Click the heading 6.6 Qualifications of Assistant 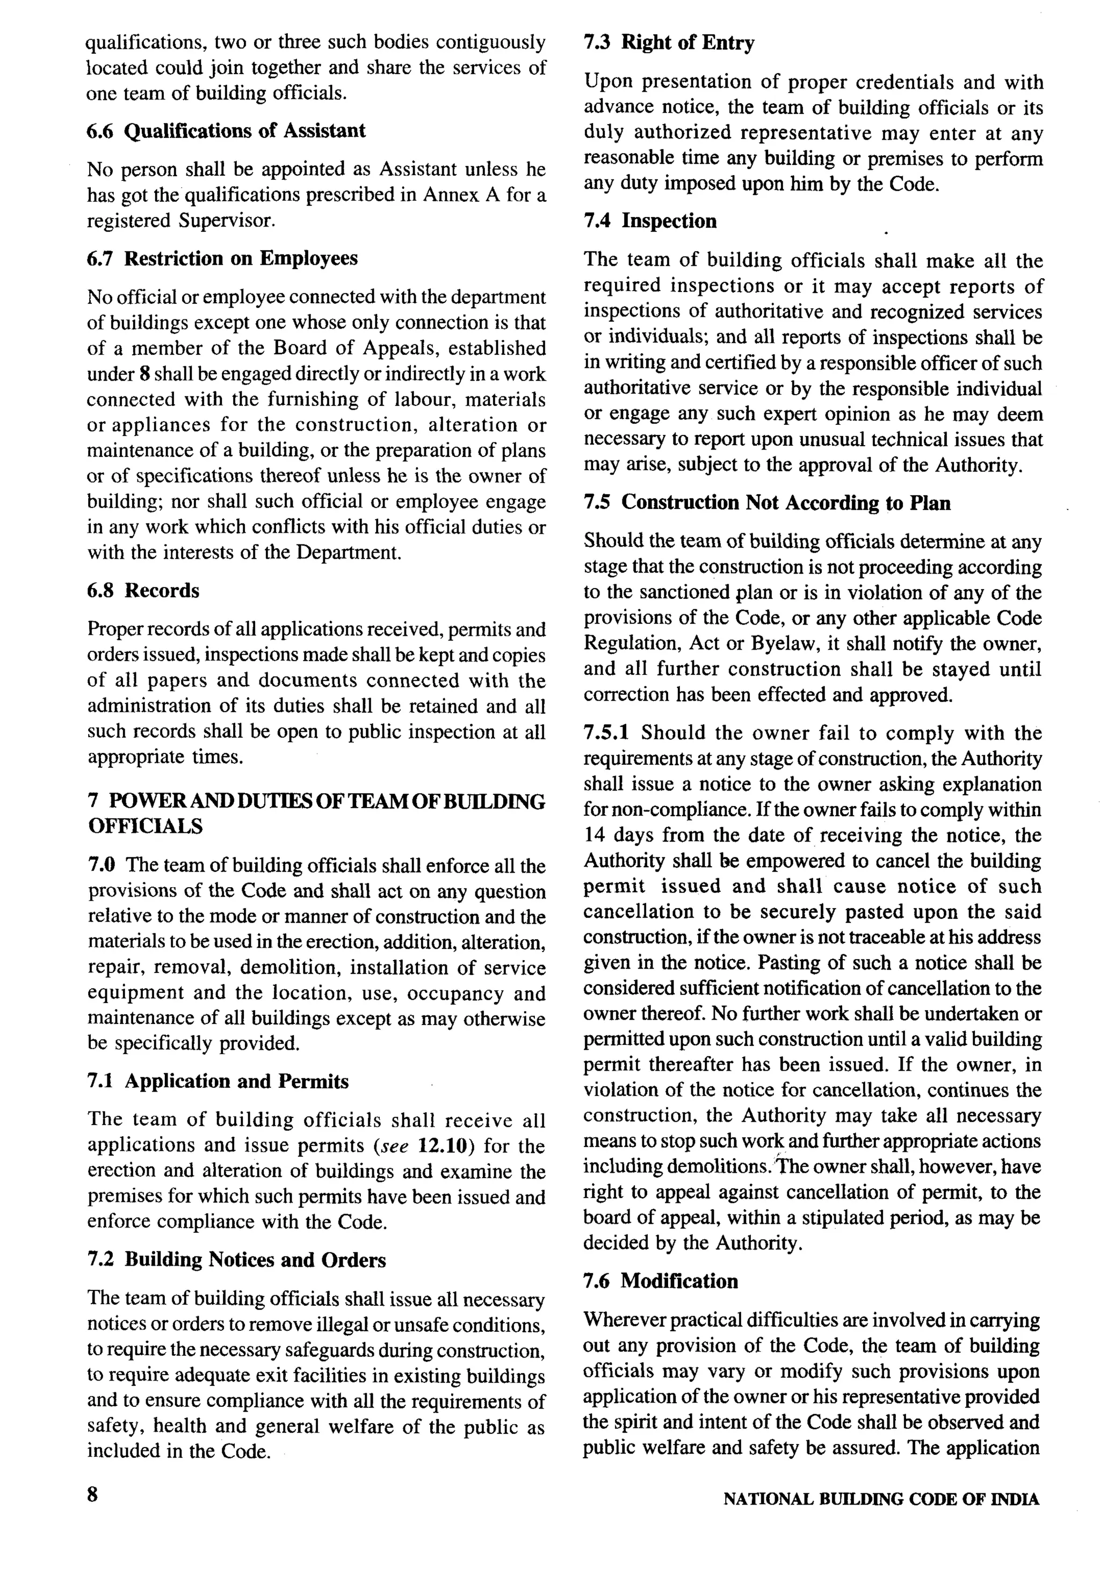(x=227, y=131)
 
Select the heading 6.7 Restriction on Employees (x=222, y=258)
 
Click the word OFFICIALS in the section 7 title (x=146, y=826)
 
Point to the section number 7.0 (x=102, y=865)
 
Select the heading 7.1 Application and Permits (x=218, y=1081)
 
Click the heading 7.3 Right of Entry (x=669, y=43)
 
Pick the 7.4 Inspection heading (x=650, y=221)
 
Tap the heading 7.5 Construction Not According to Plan (x=766, y=503)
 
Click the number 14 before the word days (x=594, y=835)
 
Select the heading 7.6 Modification (x=660, y=1281)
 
